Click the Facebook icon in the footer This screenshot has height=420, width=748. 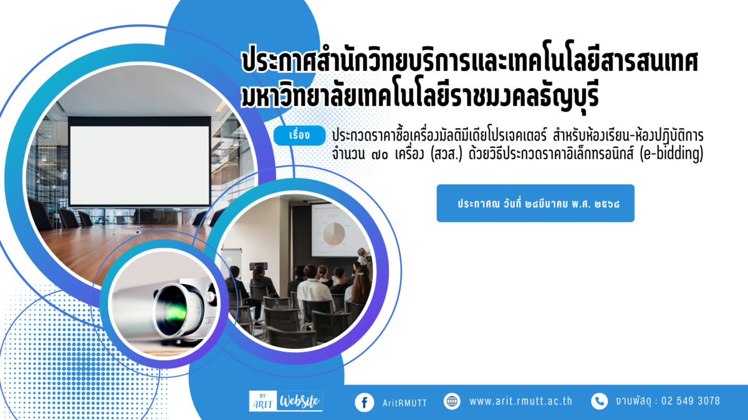(x=364, y=403)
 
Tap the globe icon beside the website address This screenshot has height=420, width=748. (x=452, y=401)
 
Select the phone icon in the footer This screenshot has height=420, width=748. (x=600, y=401)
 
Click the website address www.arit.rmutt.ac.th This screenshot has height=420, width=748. (x=520, y=401)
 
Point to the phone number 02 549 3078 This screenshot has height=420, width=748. (x=691, y=401)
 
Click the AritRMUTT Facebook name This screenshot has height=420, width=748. (x=405, y=403)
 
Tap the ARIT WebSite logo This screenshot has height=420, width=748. (x=286, y=401)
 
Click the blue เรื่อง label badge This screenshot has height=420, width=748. (x=300, y=136)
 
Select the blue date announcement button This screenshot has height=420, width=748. (x=535, y=203)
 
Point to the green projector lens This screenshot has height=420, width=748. (x=174, y=312)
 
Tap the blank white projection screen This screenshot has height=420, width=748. (x=139, y=166)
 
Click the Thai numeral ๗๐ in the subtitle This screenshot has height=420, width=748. (x=380, y=155)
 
